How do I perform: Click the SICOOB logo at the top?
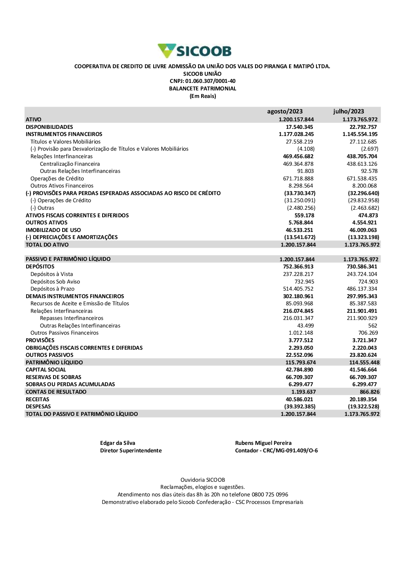click(x=194, y=51)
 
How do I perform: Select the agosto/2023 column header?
click(x=285, y=111)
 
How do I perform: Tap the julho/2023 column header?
click(x=348, y=111)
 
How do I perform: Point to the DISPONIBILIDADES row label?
click(x=49, y=127)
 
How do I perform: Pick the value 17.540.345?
click(x=299, y=127)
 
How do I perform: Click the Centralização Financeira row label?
click(x=70, y=164)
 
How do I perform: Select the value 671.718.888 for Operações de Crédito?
click(x=298, y=178)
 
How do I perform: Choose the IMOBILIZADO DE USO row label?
click(x=53, y=230)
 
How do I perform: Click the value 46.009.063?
click(x=363, y=230)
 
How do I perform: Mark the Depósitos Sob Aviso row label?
click(x=55, y=281)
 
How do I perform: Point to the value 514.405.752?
click(x=298, y=289)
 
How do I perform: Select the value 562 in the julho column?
click(x=373, y=325)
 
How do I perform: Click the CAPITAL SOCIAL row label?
click(x=46, y=370)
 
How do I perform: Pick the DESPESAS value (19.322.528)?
click(x=364, y=406)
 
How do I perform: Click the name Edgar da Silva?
click(x=118, y=443)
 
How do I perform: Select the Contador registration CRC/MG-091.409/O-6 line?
click(x=276, y=450)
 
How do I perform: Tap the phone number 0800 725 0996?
click(x=270, y=494)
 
